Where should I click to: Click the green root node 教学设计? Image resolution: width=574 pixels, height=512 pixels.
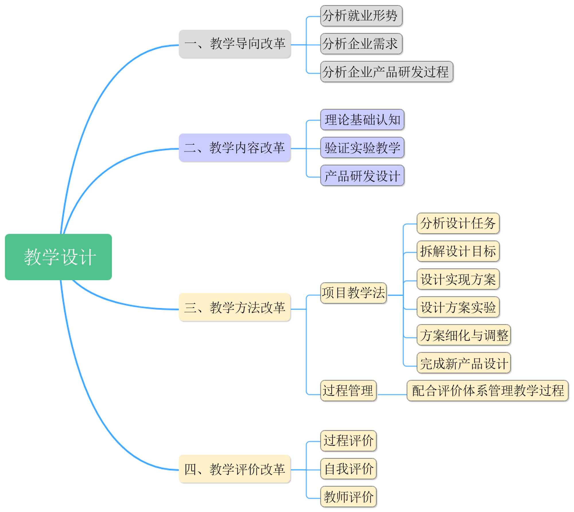tap(58, 257)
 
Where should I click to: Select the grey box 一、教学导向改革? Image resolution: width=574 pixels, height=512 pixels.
tap(235, 44)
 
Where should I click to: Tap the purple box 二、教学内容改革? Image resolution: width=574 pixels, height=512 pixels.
tap(235, 148)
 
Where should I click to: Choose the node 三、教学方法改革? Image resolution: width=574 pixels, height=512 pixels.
tap(235, 307)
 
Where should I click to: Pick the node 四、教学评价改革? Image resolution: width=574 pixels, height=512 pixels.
tap(235, 469)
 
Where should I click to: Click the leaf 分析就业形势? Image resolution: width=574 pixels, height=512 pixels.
tap(361, 16)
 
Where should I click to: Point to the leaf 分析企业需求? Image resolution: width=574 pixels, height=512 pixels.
tap(361, 44)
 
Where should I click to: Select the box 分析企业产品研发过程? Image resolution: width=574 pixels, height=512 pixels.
tap(387, 72)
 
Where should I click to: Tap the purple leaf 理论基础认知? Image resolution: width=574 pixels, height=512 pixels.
tap(362, 120)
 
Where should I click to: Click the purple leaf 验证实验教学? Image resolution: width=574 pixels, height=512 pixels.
tap(362, 148)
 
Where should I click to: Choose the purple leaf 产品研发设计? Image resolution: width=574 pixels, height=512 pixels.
tap(362, 175)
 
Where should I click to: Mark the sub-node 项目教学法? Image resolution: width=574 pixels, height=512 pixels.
tap(353, 293)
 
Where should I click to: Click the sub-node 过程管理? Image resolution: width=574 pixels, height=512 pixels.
tap(348, 391)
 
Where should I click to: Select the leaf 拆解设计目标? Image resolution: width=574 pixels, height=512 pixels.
tap(458, 251)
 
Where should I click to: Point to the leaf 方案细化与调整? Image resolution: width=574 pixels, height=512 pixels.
tap(464, 335)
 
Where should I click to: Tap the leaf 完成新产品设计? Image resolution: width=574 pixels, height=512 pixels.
tap(464, 363)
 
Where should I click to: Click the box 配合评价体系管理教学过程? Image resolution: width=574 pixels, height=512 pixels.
tap(488, 391)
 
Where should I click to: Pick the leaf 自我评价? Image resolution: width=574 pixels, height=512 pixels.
tap(348, 469)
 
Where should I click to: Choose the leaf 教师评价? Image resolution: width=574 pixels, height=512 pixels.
tap(348, 497)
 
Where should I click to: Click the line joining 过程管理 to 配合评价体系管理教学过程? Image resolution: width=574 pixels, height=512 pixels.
tap(392, 395)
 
